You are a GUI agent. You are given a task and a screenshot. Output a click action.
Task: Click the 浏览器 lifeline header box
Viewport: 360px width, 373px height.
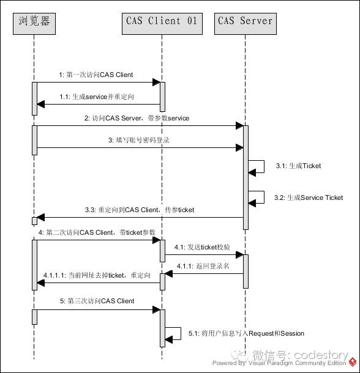pyautogui.click(x=34, y=24)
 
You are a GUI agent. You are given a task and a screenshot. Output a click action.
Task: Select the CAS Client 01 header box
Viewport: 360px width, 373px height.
pyautogui.click(x=162, y=24)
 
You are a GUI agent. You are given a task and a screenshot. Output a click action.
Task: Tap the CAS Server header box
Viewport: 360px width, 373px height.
pyautogui.click(x=246, y=24)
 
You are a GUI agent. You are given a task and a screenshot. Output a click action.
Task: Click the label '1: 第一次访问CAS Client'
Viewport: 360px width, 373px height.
pyautogui.click(x=96, y=75)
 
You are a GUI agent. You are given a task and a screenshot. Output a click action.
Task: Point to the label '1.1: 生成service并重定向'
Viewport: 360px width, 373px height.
pyautogui.click(x=97, y=97)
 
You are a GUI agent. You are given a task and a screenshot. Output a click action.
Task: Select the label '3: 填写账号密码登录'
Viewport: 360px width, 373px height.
pyautogui.click(x=138, y=140)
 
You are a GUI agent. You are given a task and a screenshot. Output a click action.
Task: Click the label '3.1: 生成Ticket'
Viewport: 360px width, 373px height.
pyautogui.click(x=298, y=166)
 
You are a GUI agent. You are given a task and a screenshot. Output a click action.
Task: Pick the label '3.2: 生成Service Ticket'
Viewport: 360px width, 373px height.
pyautogui.click(x=309, y=198)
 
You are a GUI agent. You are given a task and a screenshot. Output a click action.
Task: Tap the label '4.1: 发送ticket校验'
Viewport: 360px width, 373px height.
pyautogui.click(x=202, y=247)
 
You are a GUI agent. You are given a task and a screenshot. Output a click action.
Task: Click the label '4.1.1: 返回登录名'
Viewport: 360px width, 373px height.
pyautogui.click(x=203, y=266)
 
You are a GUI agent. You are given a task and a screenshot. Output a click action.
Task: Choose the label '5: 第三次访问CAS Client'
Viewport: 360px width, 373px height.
pyautogui.click(x=97, y=301)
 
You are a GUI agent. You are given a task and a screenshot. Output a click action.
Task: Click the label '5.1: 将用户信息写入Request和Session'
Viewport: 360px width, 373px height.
pyautogui.click(x=246, y=333)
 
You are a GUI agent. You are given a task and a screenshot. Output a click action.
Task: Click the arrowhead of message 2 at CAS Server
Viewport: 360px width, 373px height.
pyautogui.click(x=239, y=125)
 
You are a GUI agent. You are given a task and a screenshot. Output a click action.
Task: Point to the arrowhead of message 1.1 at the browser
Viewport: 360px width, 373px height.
pyautogui.click(x=41, y=104)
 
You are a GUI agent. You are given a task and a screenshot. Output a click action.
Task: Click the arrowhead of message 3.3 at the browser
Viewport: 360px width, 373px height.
pyautogui.click(x=41, y=217)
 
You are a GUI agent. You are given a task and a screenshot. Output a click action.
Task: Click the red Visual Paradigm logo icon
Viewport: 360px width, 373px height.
pyautogui.click(x=353, y=362)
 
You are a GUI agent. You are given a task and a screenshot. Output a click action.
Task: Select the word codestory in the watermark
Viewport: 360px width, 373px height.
pyautogui.click(x=321, y=355)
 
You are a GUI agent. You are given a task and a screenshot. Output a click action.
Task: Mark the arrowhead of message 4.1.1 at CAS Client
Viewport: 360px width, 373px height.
pyautogui.click(x=169, y=273)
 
